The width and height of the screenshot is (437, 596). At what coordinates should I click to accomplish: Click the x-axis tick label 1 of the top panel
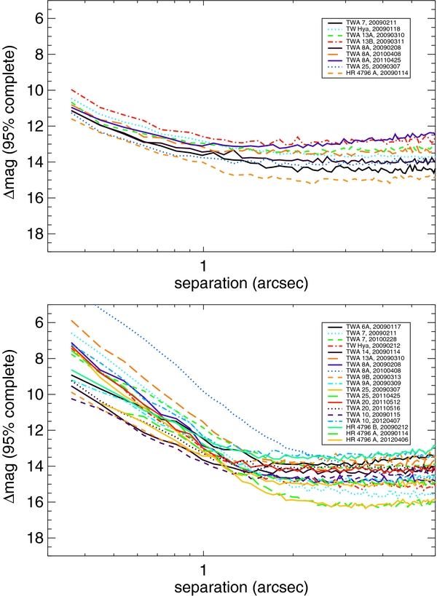point(203,263)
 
